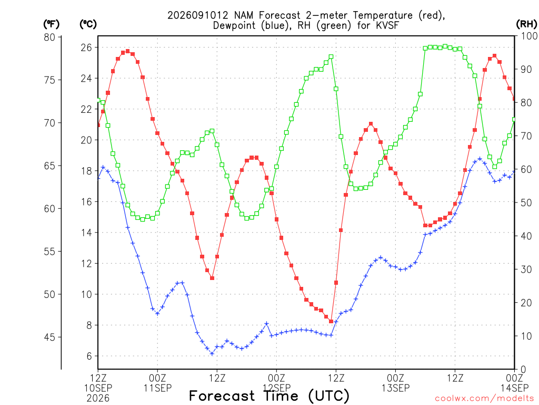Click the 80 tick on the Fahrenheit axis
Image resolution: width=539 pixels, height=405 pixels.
click(50, 37)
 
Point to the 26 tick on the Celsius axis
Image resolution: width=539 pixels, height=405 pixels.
click(87, 47)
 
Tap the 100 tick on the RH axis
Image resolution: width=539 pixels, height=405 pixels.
click(529, 36)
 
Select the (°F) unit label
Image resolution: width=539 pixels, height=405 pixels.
click(51, 24)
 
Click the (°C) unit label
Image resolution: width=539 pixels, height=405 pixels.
click(88, 24)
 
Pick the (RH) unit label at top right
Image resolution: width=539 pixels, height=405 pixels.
click(526, 24)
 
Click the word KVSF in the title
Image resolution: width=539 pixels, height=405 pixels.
click(386, 25)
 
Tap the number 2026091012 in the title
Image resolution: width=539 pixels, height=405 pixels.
click(198, 15)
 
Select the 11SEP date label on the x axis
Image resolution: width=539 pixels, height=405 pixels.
click(157, 388)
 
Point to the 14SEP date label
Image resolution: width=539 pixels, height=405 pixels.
click(514, 388)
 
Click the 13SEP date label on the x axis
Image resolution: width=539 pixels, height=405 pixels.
click(396, 388)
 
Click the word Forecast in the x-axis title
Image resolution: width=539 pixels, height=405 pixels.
click(222, 396)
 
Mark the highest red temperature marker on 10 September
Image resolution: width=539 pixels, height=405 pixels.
click(127, 51)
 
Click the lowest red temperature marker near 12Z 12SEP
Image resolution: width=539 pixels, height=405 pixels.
click(331, 321)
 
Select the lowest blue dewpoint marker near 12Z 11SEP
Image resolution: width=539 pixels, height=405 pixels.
click(212, 354)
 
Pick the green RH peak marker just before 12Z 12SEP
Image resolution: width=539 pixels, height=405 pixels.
click(331, 56)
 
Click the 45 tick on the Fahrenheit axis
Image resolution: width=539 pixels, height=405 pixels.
click(50, 337)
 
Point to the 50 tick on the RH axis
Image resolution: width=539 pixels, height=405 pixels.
click(526, 203)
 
